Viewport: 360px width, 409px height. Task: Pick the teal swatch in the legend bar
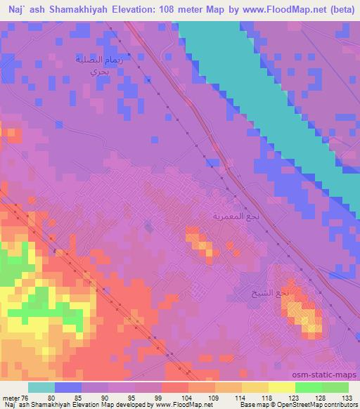(x=41, y=387)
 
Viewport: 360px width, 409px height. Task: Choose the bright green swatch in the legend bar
(x=308, y=387)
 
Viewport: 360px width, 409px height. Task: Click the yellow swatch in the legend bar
(x=281, y=387)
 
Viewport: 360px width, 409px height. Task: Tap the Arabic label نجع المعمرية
(x=237, y=216)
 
